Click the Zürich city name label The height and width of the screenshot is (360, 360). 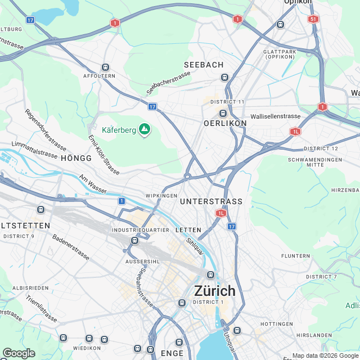[215, 291]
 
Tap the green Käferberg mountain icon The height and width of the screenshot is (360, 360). [145, 130]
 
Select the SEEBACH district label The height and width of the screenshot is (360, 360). [204, 65]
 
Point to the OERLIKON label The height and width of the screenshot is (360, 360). [225, 123]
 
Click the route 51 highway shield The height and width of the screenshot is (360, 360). [313, 19]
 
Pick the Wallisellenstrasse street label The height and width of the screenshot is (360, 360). [276, 116]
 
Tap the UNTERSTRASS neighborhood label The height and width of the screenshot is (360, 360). [211, 201]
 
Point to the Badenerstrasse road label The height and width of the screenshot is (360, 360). [71, 246]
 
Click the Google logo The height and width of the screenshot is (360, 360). [18, 353]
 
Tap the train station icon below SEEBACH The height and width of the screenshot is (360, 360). [224, 77]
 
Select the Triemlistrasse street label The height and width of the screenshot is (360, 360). [41, 309]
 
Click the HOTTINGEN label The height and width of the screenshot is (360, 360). [277, 324]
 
